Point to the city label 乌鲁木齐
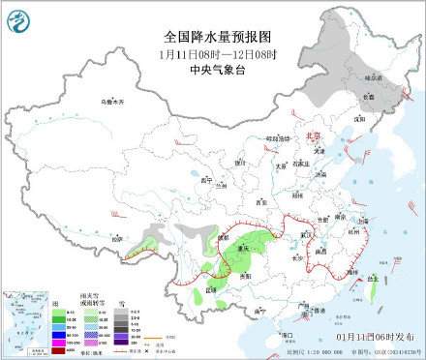tap(115, 100)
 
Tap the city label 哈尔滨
tap(374, 76)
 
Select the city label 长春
tap(367, 96)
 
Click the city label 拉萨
tap(117, 238)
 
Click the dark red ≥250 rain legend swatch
tap(58, 350)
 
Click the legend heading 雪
tap(122, 303)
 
